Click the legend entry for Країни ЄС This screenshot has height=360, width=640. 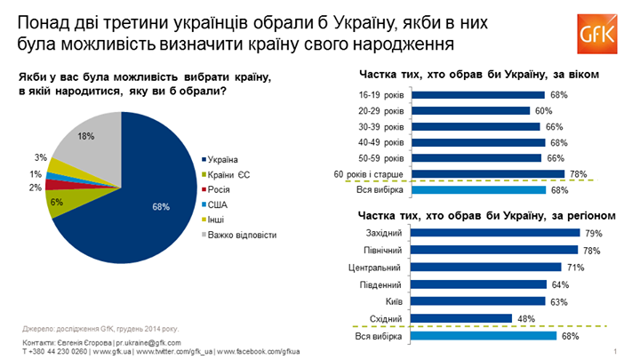point(233,175)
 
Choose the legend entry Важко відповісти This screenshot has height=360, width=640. point(240,235)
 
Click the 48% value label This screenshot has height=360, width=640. point(524,317)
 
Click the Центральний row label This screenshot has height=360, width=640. point(375,267)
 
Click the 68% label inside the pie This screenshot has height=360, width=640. point(160,207)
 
